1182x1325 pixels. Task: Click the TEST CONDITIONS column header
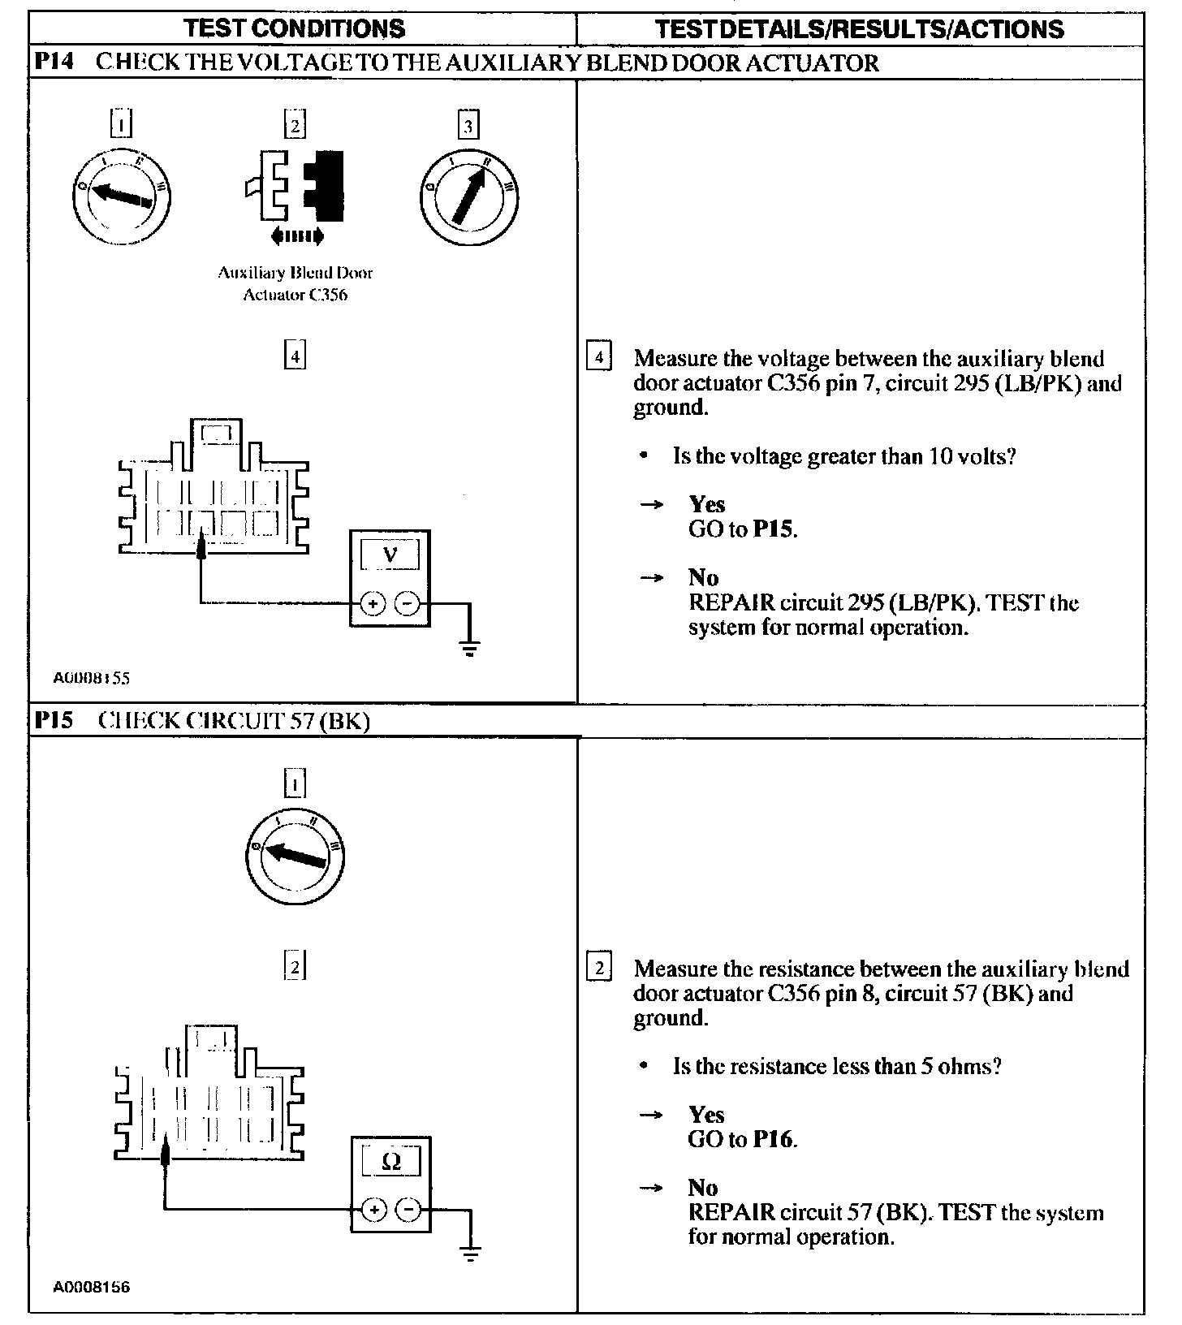point(295,29)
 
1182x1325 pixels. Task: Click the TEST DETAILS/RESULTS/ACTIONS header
point(859,30)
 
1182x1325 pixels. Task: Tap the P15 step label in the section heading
point(55,720)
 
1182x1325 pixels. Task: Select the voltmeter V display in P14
point(390,555)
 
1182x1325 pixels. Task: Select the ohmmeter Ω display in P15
point(390,1162)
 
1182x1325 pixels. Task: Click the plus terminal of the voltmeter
point(373,604)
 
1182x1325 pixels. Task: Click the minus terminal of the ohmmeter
point(408,1211)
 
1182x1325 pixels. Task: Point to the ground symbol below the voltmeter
point(469,647)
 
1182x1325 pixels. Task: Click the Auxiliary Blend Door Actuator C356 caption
point(295,283)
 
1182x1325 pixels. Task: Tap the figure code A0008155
point(92,678)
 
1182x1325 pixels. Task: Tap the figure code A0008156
point(92,1287)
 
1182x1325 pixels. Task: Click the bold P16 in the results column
point(773,1139)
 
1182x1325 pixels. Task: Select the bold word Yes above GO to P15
point(706,504)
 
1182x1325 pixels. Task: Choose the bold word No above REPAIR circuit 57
point(703,1188)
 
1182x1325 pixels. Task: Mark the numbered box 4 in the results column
point(598,358)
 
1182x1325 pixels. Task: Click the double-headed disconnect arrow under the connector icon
point(297,236)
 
